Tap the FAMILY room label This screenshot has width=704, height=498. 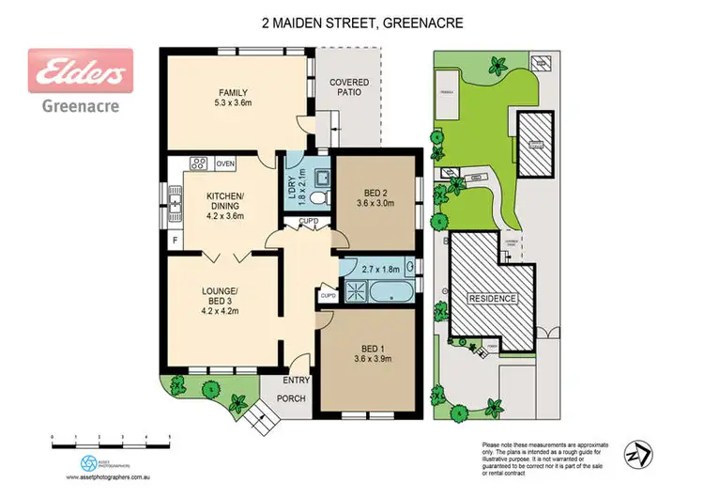pyautogui.click(x=233, y=92)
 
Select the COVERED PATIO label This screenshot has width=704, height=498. pyautogui.click(x=349, y=87)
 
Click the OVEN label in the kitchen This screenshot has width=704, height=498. pyautogui.click(x=224, y=163)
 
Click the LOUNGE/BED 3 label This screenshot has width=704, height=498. pyautogui.click(x=222, y=296)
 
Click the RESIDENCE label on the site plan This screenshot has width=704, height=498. pyautogui.click(x=492, y=298)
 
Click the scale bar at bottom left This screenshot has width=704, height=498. pyautogui.click(x=110, y=439)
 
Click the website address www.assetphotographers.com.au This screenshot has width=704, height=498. pyautogui.click(x=111, y=477)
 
